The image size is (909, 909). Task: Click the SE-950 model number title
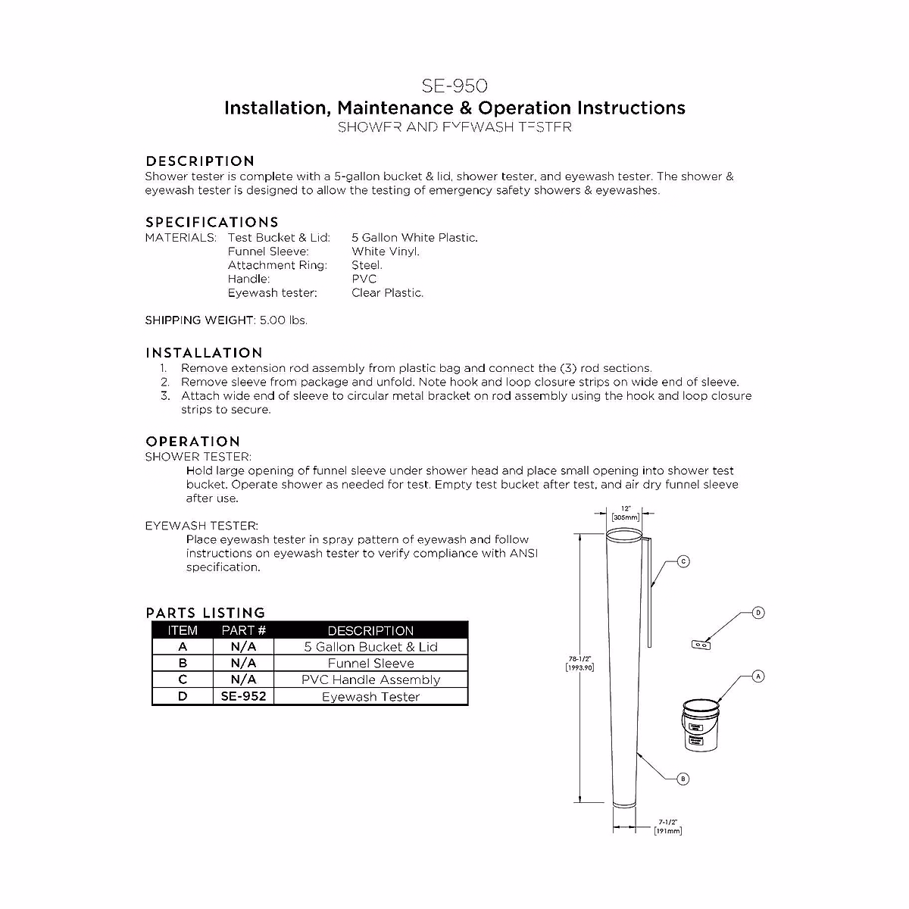(454, 86)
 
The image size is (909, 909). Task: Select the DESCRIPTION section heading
(200, 161)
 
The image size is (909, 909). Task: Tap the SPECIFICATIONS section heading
(212, 223)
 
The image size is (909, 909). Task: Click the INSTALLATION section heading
(204, 353)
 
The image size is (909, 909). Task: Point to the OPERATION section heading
(192, 442)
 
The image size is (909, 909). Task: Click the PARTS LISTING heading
(205, 613)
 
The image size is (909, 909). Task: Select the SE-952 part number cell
(243, 696)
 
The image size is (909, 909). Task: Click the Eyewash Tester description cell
(370, 697)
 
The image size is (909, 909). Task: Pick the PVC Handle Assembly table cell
(370, 680)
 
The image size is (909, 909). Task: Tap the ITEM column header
(183, 630)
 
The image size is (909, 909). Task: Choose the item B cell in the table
(183, 664)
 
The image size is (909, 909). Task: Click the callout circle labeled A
(758, 676)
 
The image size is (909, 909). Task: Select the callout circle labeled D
(758, 613)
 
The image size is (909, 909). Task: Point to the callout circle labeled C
(683, 561)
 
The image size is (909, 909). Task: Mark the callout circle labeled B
(683, 779)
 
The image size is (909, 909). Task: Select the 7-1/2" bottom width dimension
(668, 826)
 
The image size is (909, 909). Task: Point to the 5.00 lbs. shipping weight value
(283, 320)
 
